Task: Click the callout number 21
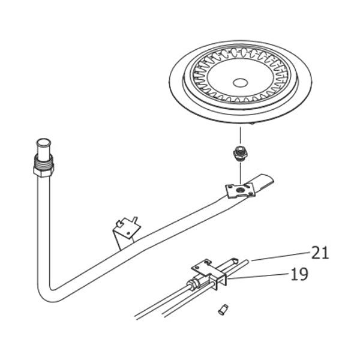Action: pyautogui.click(x=320, y=253)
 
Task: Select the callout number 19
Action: pyautogui.click(x=299, y=274)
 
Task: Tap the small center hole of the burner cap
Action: pyautogui.click(x=240, y=83)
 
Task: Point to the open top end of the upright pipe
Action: pyautogui.click(x=44, y=142)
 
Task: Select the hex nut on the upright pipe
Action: pyautogui.click(x=43, y=171)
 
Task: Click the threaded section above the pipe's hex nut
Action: pyautogui.click(x=44, y=161)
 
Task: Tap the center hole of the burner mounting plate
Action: pyautogui.click(x=240, y=190)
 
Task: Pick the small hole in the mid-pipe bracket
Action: pyautogui.click(x=128, y=233)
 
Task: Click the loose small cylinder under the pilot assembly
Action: pyautogui.click(x=223, y=310)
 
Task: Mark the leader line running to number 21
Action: pyautogui.click(x=281, y=256)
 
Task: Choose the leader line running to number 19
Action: pyautogui.click(x=258, y=276)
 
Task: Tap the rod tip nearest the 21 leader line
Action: pyautogui.click(x=247, y=261)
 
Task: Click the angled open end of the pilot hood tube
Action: pyautogui.click(x=235, y=260)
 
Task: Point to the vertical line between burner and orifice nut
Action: pyautogui.click(x=240, y=136)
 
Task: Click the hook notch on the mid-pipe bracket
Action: pyautogui.click(x=120, y=223)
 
